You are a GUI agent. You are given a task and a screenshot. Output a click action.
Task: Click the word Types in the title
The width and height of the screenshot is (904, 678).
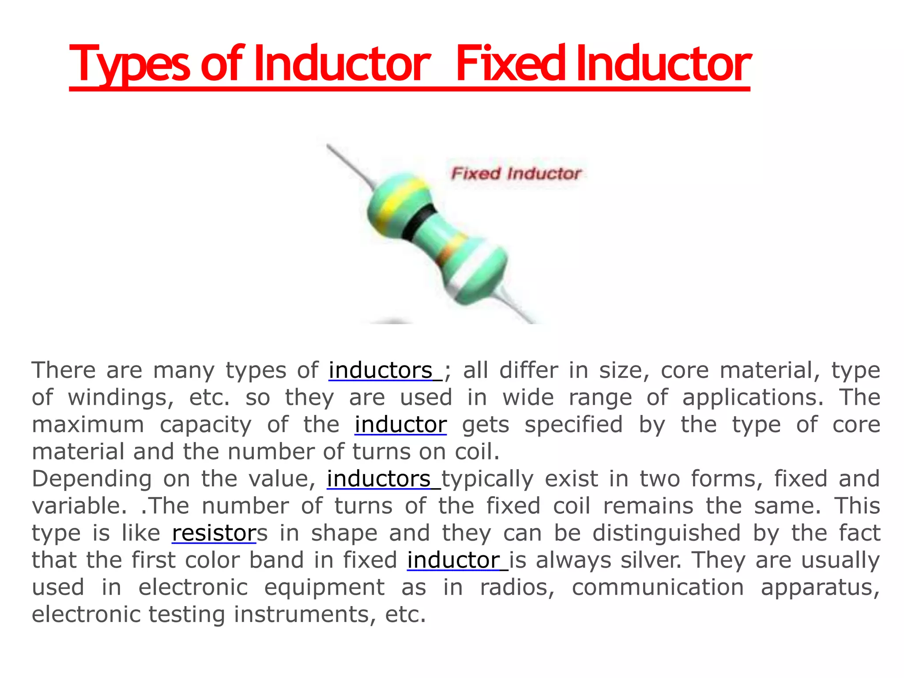click(130, 64)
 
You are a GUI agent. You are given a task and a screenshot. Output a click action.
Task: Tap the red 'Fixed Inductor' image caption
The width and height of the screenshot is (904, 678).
click(516, 173)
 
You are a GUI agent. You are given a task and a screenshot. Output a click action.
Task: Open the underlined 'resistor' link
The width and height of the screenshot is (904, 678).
click(214, 533)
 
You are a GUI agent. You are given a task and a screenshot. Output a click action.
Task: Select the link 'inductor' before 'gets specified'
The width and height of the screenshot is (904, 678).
click(400, 425)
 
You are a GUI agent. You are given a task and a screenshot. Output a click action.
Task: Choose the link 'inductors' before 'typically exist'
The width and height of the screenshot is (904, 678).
click(379, 479)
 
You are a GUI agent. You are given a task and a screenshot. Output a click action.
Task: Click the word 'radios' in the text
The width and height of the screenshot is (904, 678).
click(517, 588)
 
